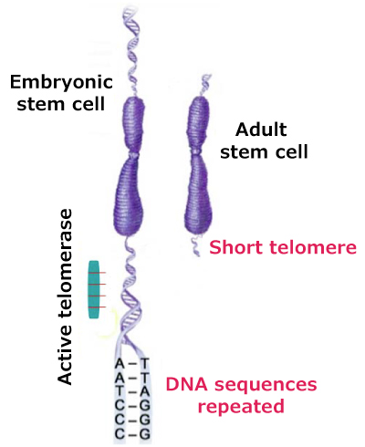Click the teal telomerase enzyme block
coord(93,289)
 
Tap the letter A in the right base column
coord(144,389)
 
